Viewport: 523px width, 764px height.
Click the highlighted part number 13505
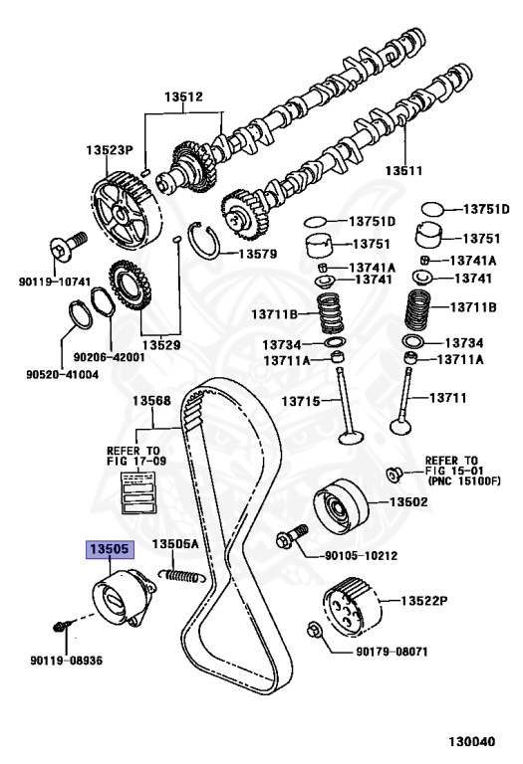(110, 549)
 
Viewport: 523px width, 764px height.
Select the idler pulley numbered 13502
(341, 506)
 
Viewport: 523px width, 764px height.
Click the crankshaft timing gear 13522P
(352, 607)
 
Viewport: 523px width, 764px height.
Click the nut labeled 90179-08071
(314, 631)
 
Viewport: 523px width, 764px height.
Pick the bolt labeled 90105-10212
(292, 536)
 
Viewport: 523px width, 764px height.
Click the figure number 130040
(472, 741)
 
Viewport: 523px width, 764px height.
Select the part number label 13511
(403, 170)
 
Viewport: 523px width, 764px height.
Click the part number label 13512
(183, 96)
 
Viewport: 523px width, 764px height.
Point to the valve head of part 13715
(351, 438)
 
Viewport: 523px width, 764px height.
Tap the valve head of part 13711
(401, 428)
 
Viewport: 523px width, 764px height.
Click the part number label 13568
(151, 401)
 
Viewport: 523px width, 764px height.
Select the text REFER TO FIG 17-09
(136, 456)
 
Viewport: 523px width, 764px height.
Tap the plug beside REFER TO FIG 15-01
(393, 475)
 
